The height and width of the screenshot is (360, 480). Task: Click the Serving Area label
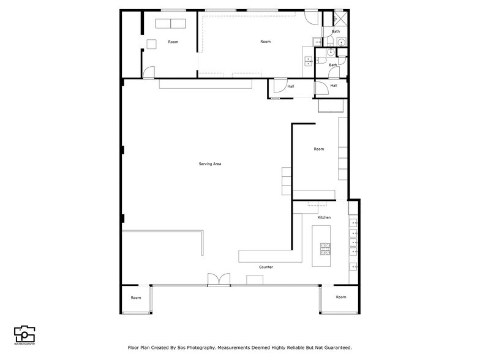[209, 164]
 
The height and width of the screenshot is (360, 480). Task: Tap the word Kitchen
[324, 217]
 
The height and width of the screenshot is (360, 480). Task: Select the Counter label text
[266, 267]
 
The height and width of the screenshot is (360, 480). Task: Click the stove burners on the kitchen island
[325, 249]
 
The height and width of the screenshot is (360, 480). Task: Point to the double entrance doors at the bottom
[219, 279]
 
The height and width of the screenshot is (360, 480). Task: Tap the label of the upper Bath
[336, 31]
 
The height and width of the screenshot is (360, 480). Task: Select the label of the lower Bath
[332, 65]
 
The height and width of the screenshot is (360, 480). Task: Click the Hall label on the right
[334, 86]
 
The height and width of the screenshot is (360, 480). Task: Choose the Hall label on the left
[290, 86]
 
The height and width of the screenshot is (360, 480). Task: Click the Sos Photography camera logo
[24, 334]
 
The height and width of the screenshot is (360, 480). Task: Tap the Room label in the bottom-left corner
[135, 298]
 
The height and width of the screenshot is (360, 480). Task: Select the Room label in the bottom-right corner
[340, 297]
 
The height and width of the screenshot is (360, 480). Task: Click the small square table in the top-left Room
[152, 43]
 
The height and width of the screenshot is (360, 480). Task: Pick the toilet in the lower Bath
[321, 61]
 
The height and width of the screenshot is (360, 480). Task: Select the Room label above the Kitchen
[318, 149]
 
